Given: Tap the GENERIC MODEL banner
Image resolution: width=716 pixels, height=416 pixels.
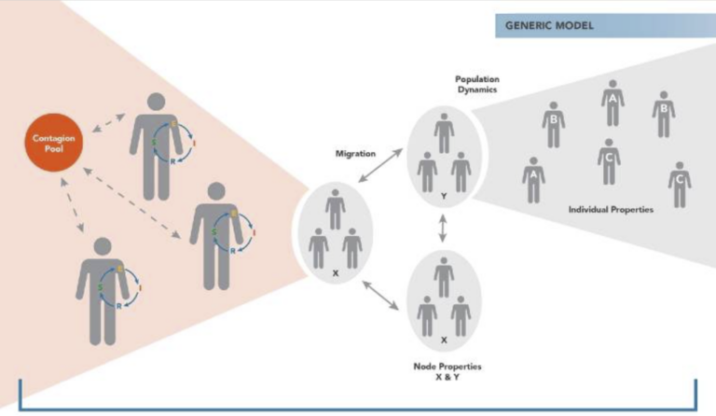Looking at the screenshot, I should pyautogui.click(x=597, y=26).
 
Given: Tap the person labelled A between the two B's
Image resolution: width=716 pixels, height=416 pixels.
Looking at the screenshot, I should pyautogui.click(x=612, y=104).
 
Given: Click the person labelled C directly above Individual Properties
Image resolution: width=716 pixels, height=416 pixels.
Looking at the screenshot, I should pyautogui.click(x=608, y=160).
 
